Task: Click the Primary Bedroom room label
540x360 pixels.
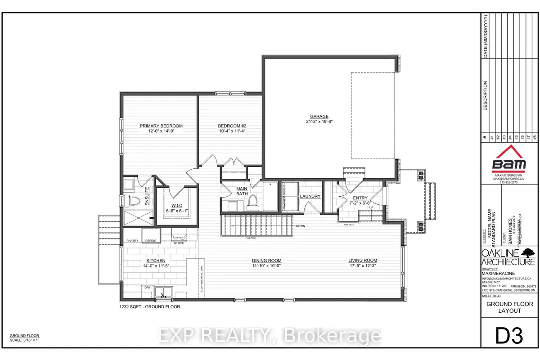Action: [x=161, y=126]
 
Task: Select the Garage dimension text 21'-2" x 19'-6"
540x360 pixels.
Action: [x=318, y=121]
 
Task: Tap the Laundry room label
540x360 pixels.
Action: [x=310, y=196]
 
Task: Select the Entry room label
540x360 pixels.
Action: [x=360, y=198]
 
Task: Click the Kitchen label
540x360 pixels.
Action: [x=156, y=261]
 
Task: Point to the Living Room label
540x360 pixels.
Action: [x=362, y=260]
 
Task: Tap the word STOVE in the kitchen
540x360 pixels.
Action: [x=179, y=243]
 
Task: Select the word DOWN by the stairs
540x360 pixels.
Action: [x=301, y=226]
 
